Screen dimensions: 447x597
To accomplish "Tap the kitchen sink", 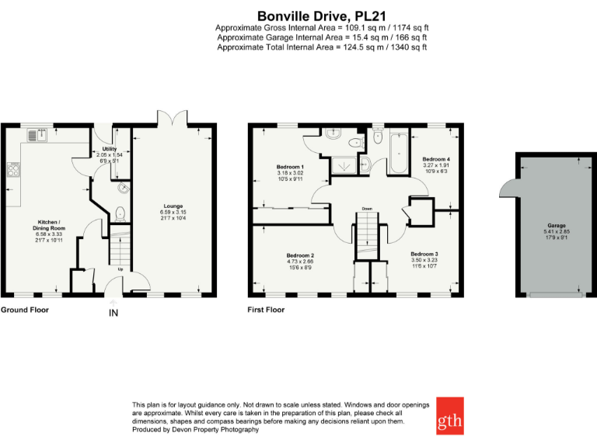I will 37,135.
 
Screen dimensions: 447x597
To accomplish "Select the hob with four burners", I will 13,168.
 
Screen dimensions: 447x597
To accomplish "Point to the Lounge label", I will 173,206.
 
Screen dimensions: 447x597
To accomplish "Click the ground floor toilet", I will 119,212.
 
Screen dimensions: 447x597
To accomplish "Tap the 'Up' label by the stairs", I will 120,269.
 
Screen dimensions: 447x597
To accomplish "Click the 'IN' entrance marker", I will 113,313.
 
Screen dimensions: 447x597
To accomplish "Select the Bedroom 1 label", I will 290,167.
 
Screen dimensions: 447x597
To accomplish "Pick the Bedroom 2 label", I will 300,255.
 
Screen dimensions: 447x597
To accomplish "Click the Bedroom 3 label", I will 424,255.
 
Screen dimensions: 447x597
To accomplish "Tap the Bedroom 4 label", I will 435,159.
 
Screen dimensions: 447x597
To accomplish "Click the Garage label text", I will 555,225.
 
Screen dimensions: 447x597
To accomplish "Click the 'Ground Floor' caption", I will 24,310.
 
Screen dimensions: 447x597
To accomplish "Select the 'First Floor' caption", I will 266,310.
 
